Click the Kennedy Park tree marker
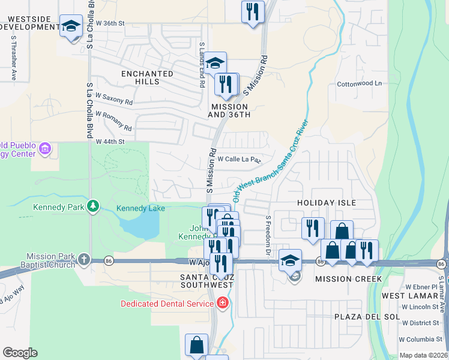coord(92,206)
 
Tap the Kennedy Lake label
coord(139,208)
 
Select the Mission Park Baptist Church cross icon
coord(83,260)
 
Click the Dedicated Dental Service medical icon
coord(223,303)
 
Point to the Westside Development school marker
coord(71,26)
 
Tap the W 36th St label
coord(110,23)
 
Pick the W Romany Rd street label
coord(113,120)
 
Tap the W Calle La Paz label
coord(238,160)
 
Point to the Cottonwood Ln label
coord(359,83)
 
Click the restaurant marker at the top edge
coord(253,11)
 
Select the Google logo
coord(20,353)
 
